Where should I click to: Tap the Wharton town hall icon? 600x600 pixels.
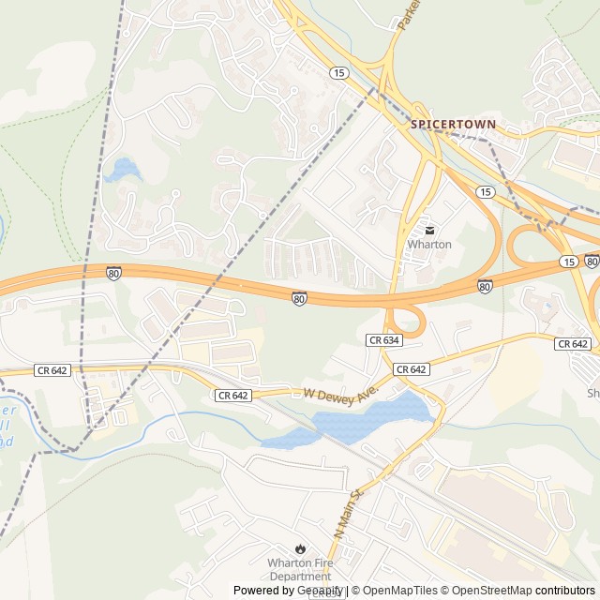pos(429,230)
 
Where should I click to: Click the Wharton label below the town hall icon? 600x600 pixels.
pos(429,245)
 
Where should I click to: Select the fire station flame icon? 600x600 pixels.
pos(300,547)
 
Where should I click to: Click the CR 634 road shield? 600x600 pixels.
pos(382,339)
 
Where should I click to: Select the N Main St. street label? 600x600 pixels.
pos(347,512)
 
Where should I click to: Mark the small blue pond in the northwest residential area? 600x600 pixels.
pos(122,171)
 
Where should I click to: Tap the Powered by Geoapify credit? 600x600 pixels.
pos(288,591)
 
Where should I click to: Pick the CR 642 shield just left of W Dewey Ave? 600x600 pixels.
pos(232,396)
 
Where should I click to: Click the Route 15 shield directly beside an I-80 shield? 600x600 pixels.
pos(569,261)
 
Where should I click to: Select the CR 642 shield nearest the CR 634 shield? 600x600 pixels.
pos(411,369)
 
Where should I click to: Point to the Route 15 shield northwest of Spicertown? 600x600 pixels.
pos(338,72)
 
